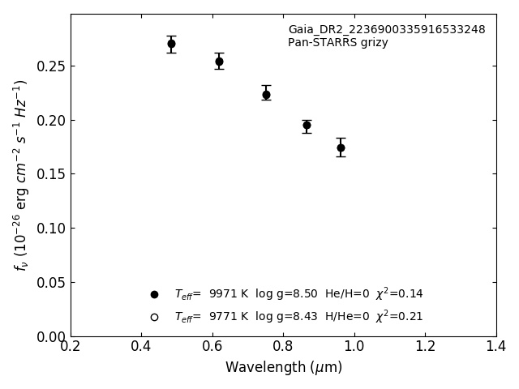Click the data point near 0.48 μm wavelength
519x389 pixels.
[x=171, y=44]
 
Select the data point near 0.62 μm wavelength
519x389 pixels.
[x=219, y=62]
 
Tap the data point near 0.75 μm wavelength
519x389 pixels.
[x=266, y=95]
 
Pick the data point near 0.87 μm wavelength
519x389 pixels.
[x=307, y=125]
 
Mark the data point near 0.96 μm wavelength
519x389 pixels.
[x=341, y=147]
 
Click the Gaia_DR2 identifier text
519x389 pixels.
[x=386, y=30]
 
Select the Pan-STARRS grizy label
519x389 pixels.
[x=337, y=43]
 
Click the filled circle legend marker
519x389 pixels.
[x=154, y=294]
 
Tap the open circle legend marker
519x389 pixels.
[x=154, y=317]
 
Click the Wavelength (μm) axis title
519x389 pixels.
[x=284, y=368]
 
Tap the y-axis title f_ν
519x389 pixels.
[x=21, y=174]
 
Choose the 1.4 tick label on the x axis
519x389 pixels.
[x=496, y=346]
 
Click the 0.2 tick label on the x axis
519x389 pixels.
[x=71, y=346]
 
